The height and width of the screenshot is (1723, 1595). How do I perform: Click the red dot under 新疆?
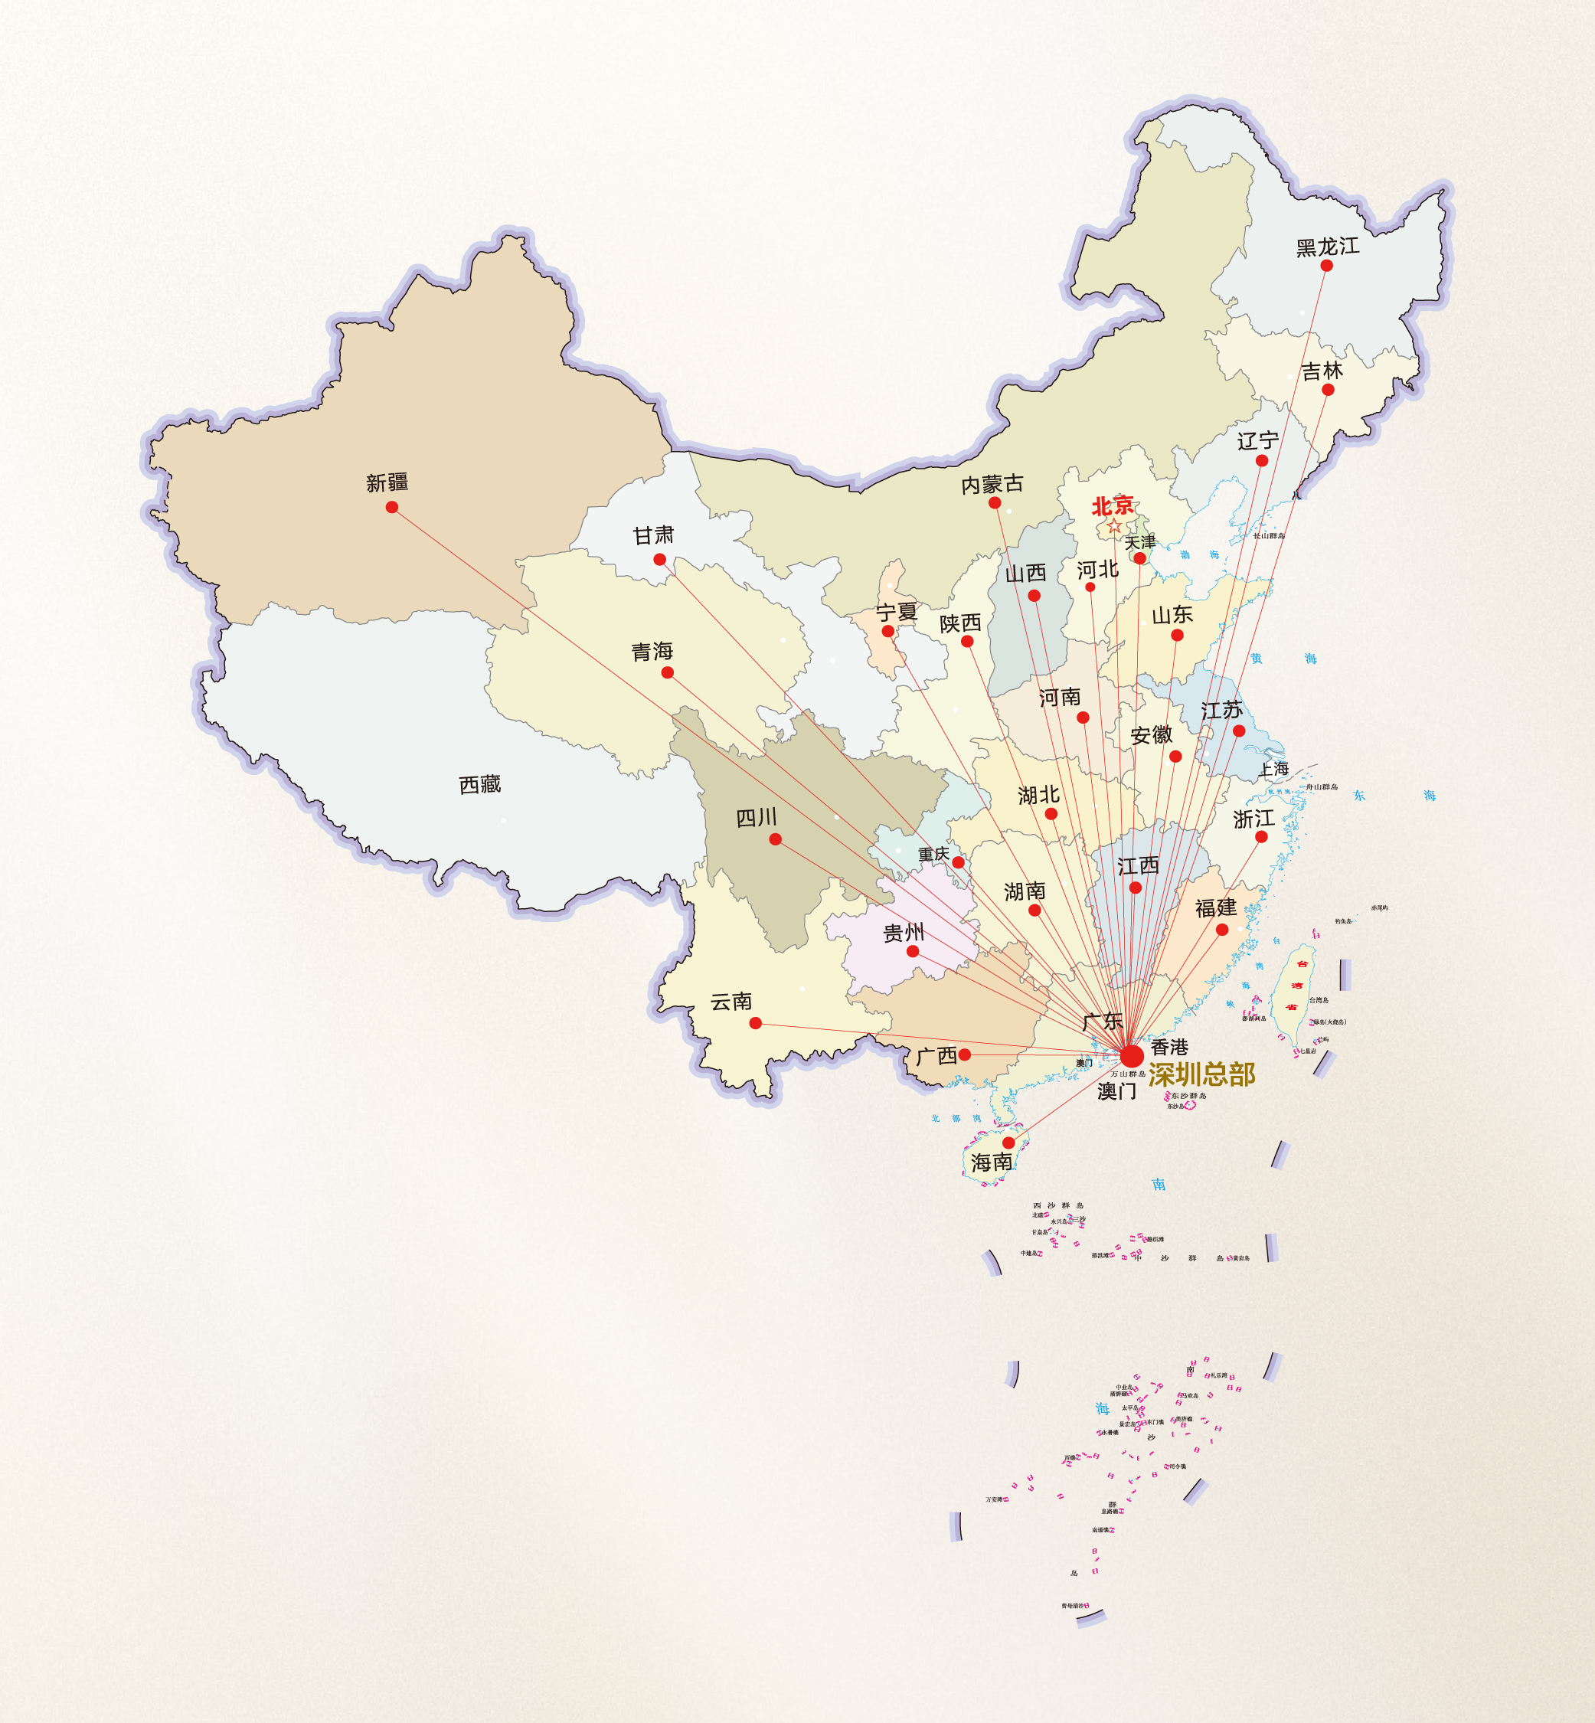click(x=392, y=507)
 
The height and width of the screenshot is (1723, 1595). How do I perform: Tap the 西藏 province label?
click(x=480, y=785)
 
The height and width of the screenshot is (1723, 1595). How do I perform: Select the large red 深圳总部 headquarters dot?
click(x=1132, y=1056)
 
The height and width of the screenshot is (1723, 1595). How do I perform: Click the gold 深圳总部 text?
click(x=1201, y=1074)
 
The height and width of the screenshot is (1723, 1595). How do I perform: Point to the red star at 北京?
click(x=1114, y=525)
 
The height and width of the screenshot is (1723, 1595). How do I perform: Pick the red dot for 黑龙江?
click(x=1326, y=266)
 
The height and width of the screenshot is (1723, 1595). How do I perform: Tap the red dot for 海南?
click(x=1008, y=1143)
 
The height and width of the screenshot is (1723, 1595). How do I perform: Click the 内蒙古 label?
click(x=992, y=484)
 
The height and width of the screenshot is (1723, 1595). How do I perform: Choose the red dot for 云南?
click(x=755, y=1023)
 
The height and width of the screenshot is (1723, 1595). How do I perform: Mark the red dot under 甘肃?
click(x=659, y=559)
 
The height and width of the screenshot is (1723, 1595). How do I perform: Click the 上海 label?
click(x=1274, y=768)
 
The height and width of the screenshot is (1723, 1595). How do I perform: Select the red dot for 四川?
click(x=775, y=839)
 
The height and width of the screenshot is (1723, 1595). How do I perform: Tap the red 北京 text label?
click(x=1113, y=505)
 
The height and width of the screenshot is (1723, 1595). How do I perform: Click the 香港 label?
click(x=1169, y=1047)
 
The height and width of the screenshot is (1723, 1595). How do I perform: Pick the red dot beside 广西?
click(x=965, y=1054)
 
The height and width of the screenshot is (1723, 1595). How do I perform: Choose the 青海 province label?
click(x=652, y=651)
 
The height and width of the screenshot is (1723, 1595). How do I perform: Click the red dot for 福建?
click(x=1222, y=930)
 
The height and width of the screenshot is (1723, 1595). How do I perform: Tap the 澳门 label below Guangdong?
click(x=1117, y=1092)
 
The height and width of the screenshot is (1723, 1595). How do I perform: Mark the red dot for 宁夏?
click(x=887, y=631)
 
